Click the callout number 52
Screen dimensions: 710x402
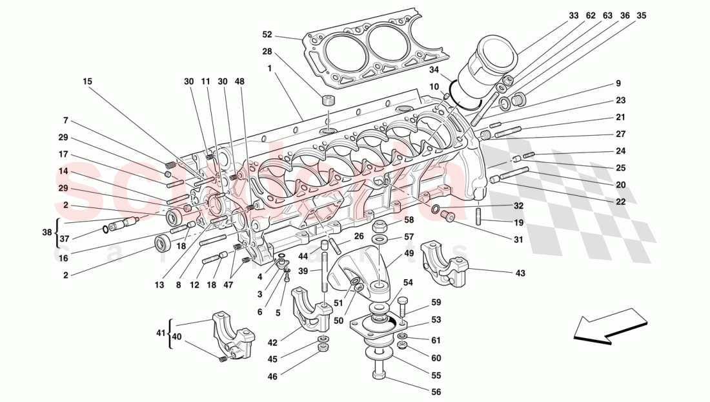coord(267,35)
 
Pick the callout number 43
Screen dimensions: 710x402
coord(520,273)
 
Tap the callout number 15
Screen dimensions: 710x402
coord(88,81)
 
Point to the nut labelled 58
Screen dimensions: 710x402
coord(381,227)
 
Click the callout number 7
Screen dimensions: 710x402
coord(65,121)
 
